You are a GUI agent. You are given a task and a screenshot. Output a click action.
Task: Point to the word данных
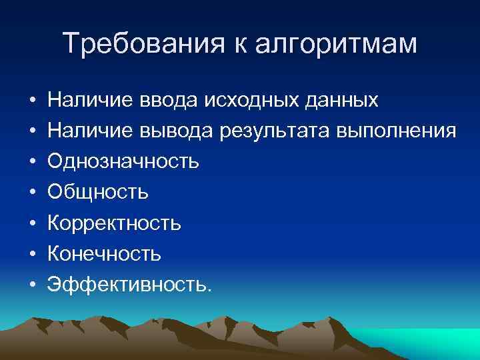click(340, 101)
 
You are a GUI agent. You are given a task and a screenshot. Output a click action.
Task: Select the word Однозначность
click(123, 161)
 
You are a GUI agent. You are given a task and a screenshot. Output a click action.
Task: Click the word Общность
click(98, 192)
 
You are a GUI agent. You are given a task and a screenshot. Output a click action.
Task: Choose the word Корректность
click(114, 223)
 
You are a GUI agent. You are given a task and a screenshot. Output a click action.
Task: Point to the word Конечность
click(104, 253)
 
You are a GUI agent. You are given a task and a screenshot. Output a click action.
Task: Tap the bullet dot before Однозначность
click(32, 162)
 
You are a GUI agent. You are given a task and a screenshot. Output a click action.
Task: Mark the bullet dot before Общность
click(32, 193)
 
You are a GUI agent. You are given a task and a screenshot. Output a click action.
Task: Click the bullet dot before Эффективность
click(32, 285)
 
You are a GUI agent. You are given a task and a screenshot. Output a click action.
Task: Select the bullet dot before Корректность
click(32, 223)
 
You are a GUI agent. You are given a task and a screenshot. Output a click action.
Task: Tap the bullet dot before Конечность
click(32, 254)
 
